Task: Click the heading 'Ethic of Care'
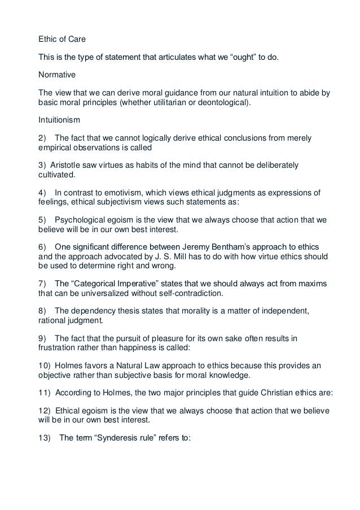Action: click(x=60, y=40)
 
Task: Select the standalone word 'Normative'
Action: click(x=54, y=73)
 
